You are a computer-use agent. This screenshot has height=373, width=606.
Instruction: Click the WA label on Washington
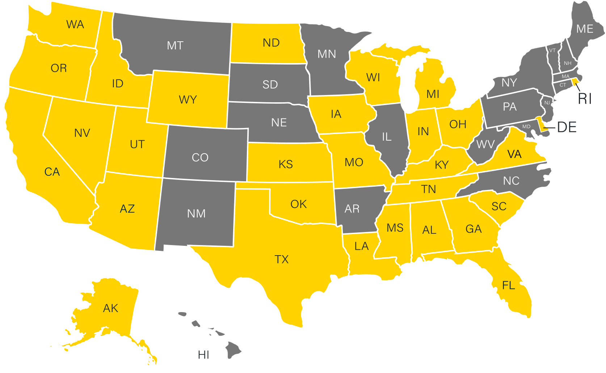point(75,25)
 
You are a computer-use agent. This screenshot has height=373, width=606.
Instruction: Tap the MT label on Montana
point(175,46)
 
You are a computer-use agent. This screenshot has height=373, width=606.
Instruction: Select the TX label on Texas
point(282,260)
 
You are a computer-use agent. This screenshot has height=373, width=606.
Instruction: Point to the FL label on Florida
point(509,286)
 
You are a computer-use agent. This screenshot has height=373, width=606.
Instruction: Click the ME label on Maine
point(585,29)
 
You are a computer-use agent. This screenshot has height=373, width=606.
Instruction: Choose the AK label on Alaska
point(110,308)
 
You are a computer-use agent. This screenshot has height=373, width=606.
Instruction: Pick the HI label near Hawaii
point(203,355)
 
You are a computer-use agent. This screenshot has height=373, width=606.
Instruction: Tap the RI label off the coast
point(585,99)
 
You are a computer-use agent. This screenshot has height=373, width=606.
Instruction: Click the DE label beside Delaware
point(567,127)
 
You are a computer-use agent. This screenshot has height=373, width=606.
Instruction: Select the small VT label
point(552,50)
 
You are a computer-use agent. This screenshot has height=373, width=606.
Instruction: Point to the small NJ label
point(547,103)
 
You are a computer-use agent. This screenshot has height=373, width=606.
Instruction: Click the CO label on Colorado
point(200,158)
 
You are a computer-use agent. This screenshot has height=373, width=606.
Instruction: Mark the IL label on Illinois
point(387,137)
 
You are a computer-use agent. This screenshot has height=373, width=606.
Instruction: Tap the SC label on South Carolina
point(499,207)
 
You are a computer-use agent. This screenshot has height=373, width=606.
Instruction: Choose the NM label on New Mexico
point(196,214)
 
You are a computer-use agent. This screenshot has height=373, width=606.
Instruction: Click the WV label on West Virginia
point(485,145)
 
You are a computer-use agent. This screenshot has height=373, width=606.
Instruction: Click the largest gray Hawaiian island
point(233,349)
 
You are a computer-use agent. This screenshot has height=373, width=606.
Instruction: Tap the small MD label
point(526,127)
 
